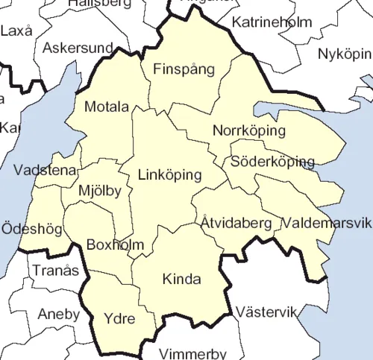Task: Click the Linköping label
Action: (170, 176)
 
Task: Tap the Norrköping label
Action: (249, 131)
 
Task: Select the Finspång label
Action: (184, 70)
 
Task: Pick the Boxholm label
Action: (110, 244)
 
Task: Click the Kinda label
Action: (181, 280)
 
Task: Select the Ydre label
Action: (119, 320)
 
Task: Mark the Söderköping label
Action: (272, 161)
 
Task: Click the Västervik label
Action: (266, 311)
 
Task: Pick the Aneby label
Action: (58, 315)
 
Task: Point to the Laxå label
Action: (17, 31)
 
